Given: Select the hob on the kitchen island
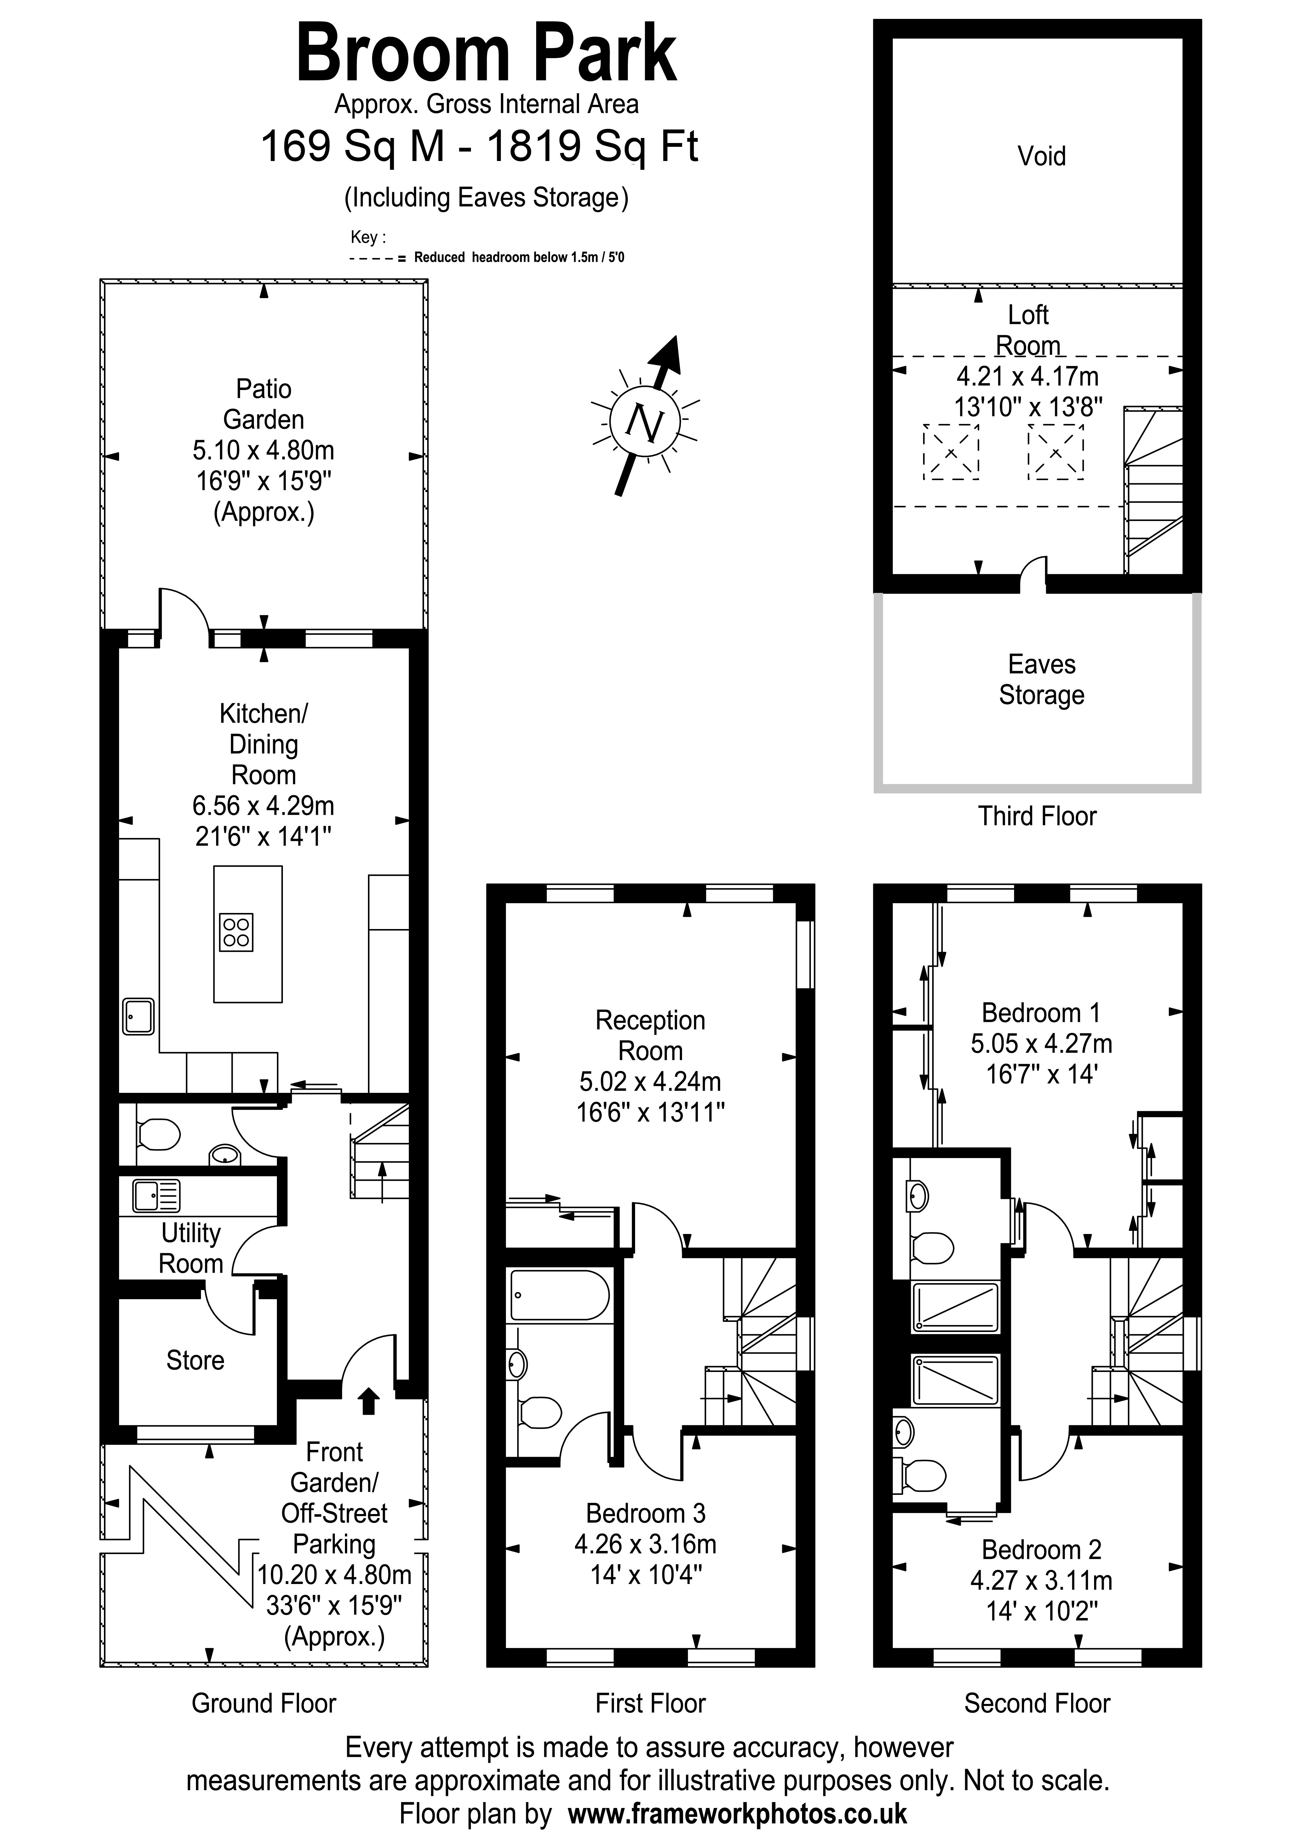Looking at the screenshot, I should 236,932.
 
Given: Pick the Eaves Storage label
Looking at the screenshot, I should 1041,680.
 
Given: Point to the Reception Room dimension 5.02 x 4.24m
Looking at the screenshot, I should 650,1082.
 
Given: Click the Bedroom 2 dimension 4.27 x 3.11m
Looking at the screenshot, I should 1041,1581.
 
